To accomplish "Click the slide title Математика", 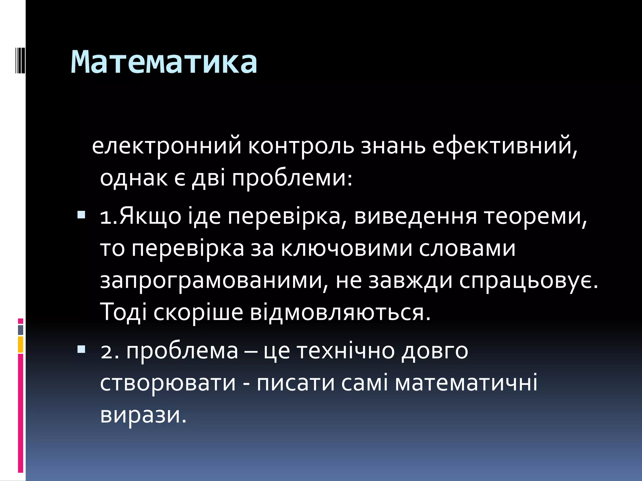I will pyautogui.click(x=164, y=62).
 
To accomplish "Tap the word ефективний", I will pyautogui.click(x=505, y=146).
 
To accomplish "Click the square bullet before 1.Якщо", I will pyautogui.click(x=81, y=215).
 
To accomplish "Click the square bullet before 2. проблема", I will pyautogui.click(x=81, y=349).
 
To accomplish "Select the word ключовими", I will pyautogui.click(x=346, y=249).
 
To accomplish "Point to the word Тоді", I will pyautogui.click(x=123, y=313).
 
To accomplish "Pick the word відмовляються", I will pyautogui.click(x=340, y=313).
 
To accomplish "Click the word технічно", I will pyautogui.click(x=346, y=351).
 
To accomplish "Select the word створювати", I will pyautogui.click(x=168, y=383).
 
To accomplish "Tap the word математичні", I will pyautogui.click(x=466, y=383).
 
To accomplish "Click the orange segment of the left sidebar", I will pyautogui.click(x=21, y=344).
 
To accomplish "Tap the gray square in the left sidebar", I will pyautogui.click(x=21, y=330).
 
